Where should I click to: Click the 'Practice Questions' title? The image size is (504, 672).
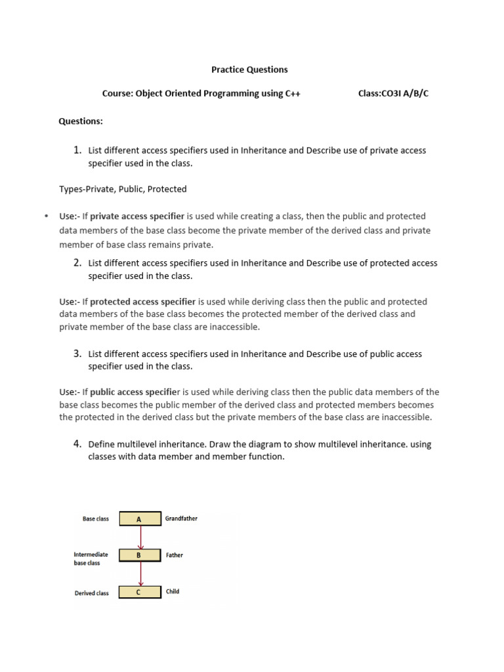tap(249, 70)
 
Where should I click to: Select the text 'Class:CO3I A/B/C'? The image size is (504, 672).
tap(393, 94)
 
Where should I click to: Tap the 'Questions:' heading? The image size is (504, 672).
tap(81, 121)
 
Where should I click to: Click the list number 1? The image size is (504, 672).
tap(77, 150)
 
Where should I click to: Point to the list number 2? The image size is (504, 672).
tap(77, 262)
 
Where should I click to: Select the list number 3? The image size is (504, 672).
tap(77, 353)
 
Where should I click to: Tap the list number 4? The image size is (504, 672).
tap(77, 444)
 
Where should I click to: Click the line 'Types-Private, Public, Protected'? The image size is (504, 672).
tap(123, 189)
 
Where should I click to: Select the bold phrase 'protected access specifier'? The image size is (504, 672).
tap(142, 302)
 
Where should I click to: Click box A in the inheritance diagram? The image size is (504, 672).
tap(139, 519)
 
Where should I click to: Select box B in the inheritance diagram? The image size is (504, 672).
tap(139, 555)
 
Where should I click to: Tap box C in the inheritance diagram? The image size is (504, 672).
tap(139, 592)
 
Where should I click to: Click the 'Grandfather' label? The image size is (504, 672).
tap(181, 518)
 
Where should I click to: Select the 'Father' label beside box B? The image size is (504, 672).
tap(175, 555)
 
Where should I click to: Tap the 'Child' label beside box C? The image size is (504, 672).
tap(173, 591)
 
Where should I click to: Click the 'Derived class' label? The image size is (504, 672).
tap(92, 593)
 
